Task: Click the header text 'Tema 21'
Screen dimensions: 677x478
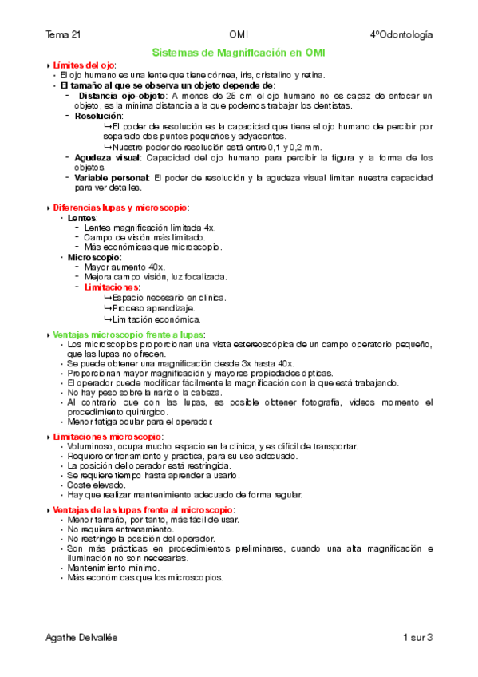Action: (63, 35)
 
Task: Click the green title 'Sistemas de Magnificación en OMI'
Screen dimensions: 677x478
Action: (239, 52)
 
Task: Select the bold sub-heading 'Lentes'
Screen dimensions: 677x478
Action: (83, 218)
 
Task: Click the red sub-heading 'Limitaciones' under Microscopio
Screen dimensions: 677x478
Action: (112, 287)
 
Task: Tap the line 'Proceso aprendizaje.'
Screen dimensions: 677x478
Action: (148, 308)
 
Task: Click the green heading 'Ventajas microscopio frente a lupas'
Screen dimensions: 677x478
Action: (128, 333)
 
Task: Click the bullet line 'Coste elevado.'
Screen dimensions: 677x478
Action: (97, 485)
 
